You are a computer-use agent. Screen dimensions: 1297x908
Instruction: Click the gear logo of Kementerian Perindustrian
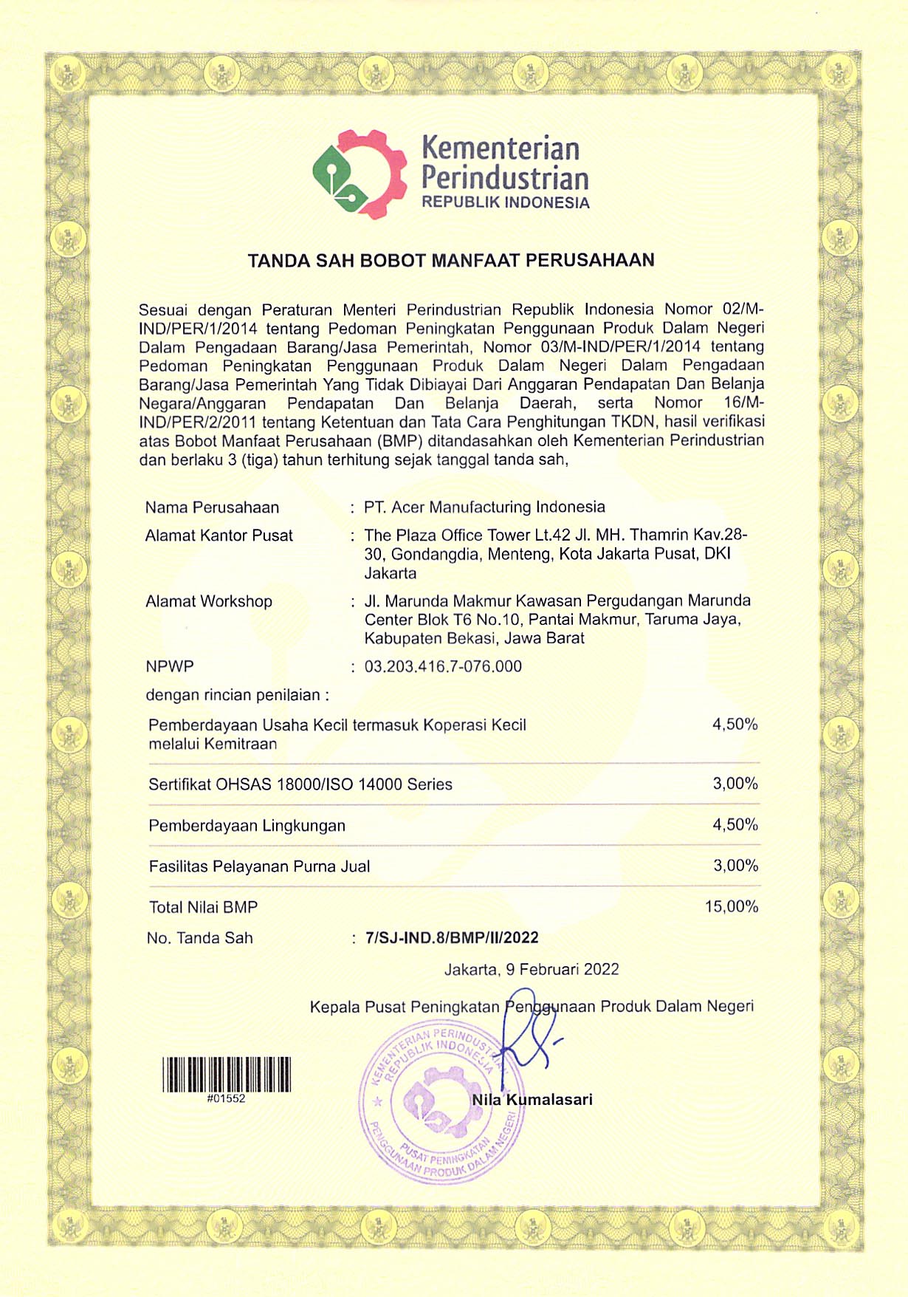360,174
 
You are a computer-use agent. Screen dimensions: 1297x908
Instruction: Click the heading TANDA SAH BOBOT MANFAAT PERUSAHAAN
451,261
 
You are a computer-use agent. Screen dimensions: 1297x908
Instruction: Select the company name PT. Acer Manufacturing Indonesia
484,507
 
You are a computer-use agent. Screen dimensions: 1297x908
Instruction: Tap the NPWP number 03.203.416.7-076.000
443,666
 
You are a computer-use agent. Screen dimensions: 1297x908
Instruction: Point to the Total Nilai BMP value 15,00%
731,906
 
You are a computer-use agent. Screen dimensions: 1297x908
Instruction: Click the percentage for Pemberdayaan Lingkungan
735,824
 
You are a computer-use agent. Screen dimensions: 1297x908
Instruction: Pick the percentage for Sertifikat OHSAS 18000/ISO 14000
735,784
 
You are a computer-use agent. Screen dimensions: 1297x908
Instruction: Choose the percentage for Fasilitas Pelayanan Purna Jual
735,866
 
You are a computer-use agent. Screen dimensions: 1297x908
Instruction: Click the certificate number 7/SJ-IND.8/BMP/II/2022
452,938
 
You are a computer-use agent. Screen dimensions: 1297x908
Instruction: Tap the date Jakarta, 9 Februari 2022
532,969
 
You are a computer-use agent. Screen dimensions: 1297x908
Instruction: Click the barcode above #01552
227,1075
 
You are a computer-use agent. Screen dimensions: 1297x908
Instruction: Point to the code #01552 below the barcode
226,1098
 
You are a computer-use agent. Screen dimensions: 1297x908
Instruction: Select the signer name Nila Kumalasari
532,1100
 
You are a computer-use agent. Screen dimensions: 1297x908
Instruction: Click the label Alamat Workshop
209,601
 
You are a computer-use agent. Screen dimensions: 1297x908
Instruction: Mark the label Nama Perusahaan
212,507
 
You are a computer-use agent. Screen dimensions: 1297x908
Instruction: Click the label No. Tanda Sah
199,938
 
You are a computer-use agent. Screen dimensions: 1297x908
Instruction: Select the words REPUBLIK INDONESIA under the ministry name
506,203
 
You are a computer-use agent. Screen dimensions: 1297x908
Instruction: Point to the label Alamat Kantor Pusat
219,535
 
